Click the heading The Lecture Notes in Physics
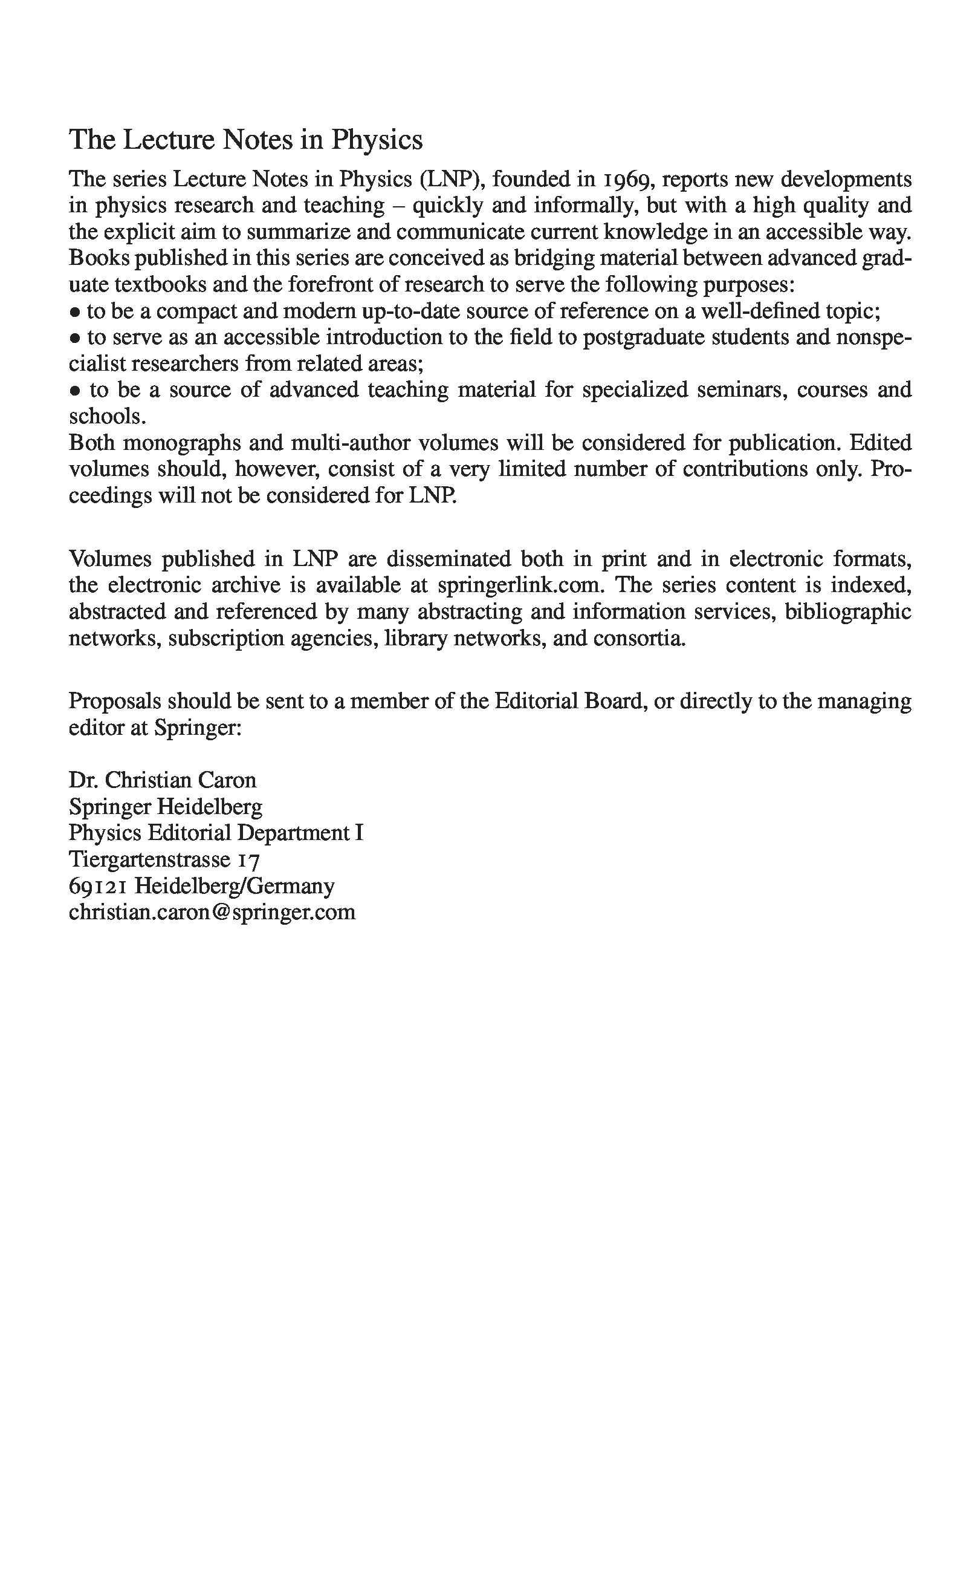coord(246,140)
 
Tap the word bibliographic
coord(848,612)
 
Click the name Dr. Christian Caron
coord(163,780)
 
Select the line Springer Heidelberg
coord(166,807)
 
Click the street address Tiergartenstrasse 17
coord(164,860)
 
